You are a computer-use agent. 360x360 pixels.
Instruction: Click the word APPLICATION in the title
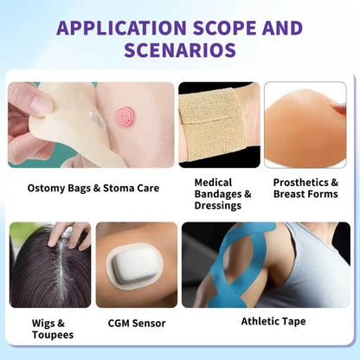(121, 28)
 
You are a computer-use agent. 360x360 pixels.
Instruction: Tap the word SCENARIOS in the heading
(180, 50)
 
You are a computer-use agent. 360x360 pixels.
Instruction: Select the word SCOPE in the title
(224, 28)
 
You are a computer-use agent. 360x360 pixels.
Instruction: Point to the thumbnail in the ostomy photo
(42, 102)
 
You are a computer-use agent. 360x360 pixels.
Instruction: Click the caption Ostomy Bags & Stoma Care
(93, 188)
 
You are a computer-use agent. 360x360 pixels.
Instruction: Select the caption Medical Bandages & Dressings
(222, 194)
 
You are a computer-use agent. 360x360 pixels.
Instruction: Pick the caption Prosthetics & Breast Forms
(305, 188)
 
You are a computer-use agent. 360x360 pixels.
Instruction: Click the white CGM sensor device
(134, 267)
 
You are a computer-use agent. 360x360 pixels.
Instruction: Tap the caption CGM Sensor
(137, 323)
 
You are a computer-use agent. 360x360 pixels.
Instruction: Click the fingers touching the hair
(68, 235)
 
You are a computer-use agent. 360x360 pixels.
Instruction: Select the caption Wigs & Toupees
(53, 329)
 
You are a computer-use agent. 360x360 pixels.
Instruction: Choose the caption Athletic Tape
(273, 321)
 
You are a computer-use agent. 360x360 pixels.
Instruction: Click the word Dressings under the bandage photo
(218, 205)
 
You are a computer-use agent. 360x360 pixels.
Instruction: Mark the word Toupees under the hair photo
(53, 335)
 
